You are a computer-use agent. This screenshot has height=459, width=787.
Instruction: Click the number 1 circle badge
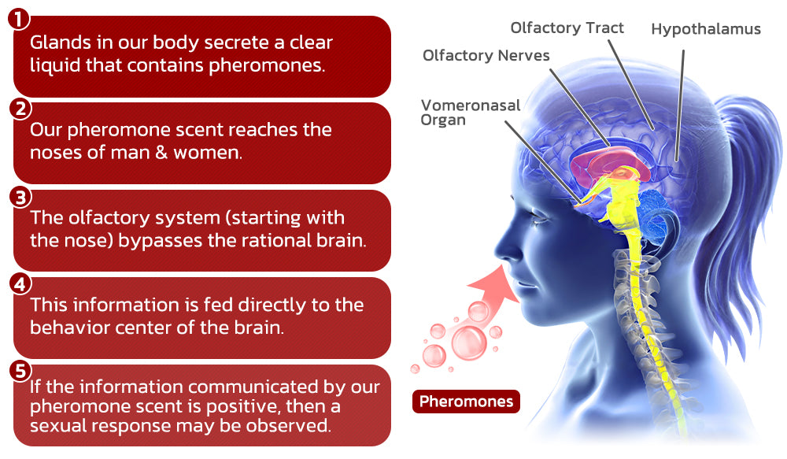[19, 19]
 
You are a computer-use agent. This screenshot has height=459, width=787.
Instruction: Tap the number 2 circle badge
[20, 109]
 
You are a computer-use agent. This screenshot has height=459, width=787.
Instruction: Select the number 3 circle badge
[20, 197]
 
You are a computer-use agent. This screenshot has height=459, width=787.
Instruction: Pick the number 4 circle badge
[20, 284]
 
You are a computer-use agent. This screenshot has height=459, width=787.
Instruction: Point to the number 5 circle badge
[20, 371]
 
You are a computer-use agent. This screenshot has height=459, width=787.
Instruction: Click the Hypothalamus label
[706, 30]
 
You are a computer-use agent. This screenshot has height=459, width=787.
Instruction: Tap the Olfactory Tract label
[567, 28]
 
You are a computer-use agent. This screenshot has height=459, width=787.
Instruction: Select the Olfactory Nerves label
[486, 55]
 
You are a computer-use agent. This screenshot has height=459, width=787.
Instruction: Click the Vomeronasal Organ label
[471, 113]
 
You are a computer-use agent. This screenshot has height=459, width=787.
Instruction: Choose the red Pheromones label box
[466, 402]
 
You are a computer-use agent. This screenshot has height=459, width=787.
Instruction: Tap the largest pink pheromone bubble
[469, 343]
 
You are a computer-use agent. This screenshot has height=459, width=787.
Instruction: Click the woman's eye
[540, 217]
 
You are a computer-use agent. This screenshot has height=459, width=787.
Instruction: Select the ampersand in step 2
[161, 152]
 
